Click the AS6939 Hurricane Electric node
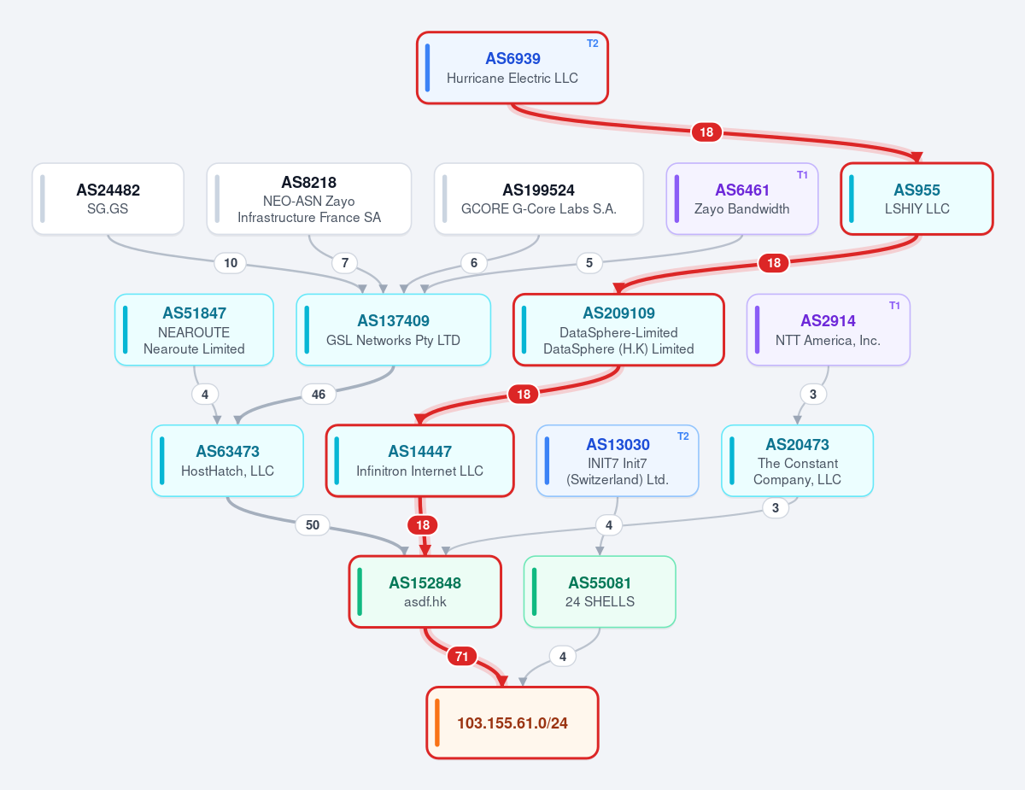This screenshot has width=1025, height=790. coord(512,68)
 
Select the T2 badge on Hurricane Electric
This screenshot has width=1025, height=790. coord(593,44)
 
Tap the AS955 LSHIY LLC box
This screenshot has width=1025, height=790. coord(917,198)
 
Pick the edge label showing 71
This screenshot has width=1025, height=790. coord(461,656)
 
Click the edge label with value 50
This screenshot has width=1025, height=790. coord(313,525)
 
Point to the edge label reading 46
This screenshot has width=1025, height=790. coord(319,395)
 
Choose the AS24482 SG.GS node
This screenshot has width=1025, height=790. coord(108,198)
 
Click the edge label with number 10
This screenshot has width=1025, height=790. coord(230,263)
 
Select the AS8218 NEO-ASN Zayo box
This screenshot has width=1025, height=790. coord(309,198)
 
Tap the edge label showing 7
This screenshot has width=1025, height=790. coord(345,263)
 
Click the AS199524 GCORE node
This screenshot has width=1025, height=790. coord(539,198)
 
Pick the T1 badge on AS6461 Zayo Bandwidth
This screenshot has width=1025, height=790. coord(802,175)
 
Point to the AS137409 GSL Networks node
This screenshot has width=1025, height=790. coord(394,330)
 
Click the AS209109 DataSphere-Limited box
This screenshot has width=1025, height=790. coord(618,330)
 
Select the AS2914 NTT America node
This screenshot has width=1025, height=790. coord(828,330)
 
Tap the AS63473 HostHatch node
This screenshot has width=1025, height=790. coord(227,460)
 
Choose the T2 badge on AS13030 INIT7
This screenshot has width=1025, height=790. coord(683,436)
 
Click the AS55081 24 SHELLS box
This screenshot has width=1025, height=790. coord(600,592)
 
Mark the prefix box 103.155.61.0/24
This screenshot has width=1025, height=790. coord(512,723)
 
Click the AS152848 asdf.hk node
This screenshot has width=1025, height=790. coord(425,592)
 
